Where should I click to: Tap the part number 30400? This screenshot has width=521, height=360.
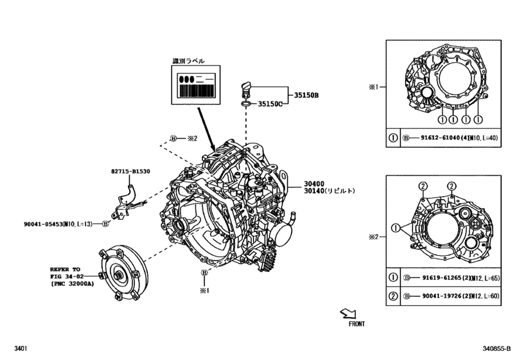[x=313, y=183]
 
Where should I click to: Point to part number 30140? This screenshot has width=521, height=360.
[x=313, y=191]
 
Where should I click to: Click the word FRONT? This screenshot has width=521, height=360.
[x=357, y=325]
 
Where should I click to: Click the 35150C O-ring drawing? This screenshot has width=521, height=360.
[x=245, y=103]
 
